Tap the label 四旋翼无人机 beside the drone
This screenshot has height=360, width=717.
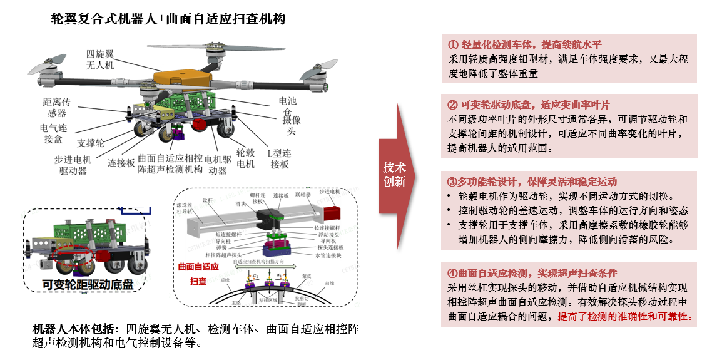click(99, 59)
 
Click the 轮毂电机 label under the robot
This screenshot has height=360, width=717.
click(245, 158)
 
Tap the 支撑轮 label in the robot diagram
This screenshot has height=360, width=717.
click(91, 143)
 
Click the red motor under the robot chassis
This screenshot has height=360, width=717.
click(201, 123)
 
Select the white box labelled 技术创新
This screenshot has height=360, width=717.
click(394, 175)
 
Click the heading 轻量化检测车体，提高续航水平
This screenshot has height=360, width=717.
click(524, 45)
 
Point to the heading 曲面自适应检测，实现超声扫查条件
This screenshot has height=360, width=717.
click(532, 273)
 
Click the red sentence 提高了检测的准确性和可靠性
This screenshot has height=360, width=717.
click(625, 316)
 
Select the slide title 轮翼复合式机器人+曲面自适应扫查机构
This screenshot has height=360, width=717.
click(168, 19)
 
